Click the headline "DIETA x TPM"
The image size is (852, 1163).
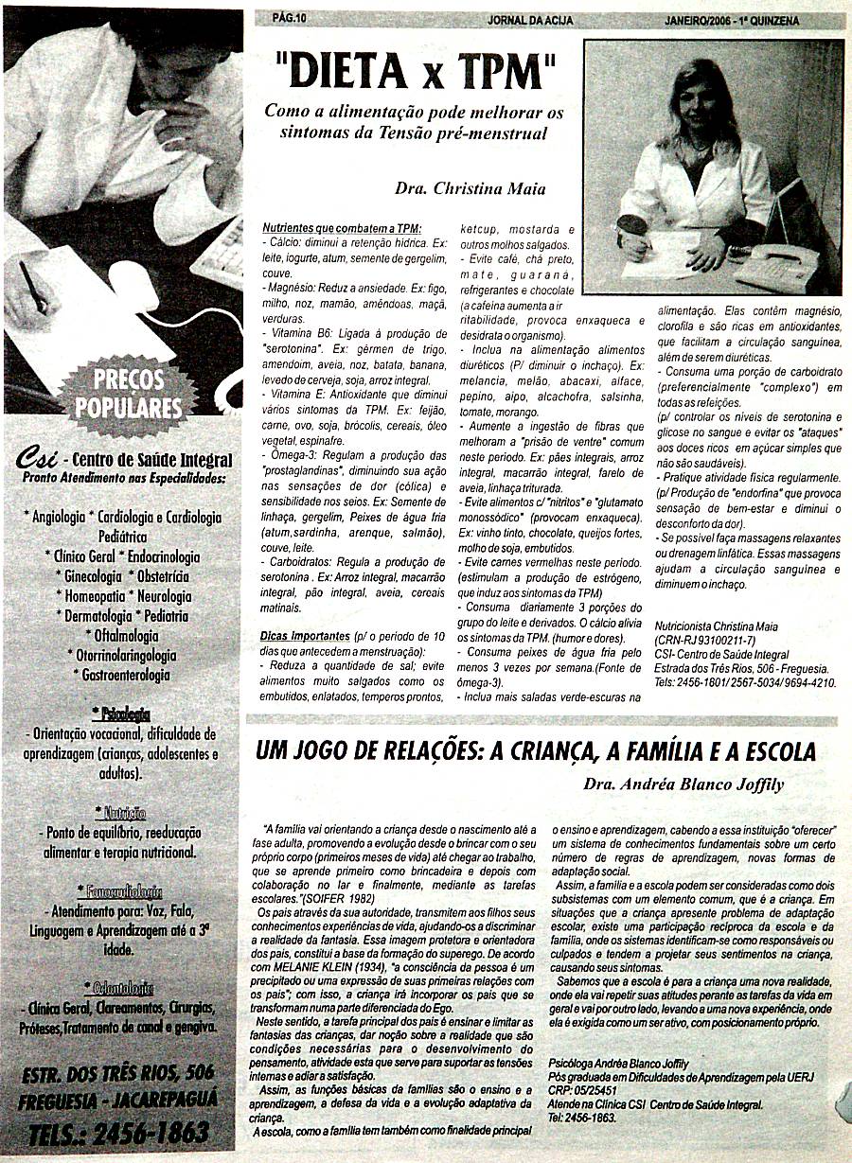(x=415, y=73)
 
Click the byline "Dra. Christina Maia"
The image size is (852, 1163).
(x=470, y=188)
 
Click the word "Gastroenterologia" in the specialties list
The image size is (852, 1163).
(x=121, y=675)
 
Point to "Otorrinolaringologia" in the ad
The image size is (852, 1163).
(x=121, y=655)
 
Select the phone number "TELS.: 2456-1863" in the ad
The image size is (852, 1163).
(x=120, y=1133)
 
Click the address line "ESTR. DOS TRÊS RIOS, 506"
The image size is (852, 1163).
(x=118, y=1072)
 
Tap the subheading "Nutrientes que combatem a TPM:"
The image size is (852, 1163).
(x=341, y=229)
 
